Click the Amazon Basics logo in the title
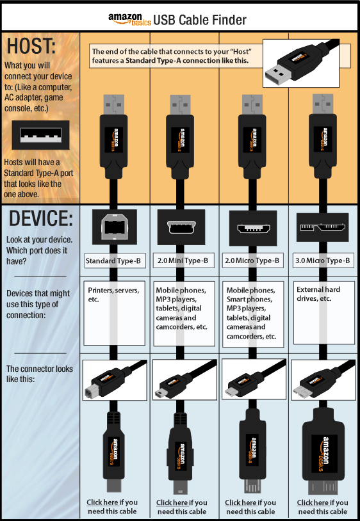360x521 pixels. (x=129, y=19)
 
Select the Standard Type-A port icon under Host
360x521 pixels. (x=40, y=136)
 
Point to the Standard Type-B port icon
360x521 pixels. (x=113, y=228)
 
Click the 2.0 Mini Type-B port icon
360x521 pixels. (x=181, y=227)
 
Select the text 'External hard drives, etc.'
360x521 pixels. (x=318, y=294)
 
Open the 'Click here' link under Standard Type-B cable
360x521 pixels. (x=102, y=502)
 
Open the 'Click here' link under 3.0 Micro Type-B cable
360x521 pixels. (x=313, y=502)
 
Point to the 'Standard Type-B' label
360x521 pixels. (x=113, y=260)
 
